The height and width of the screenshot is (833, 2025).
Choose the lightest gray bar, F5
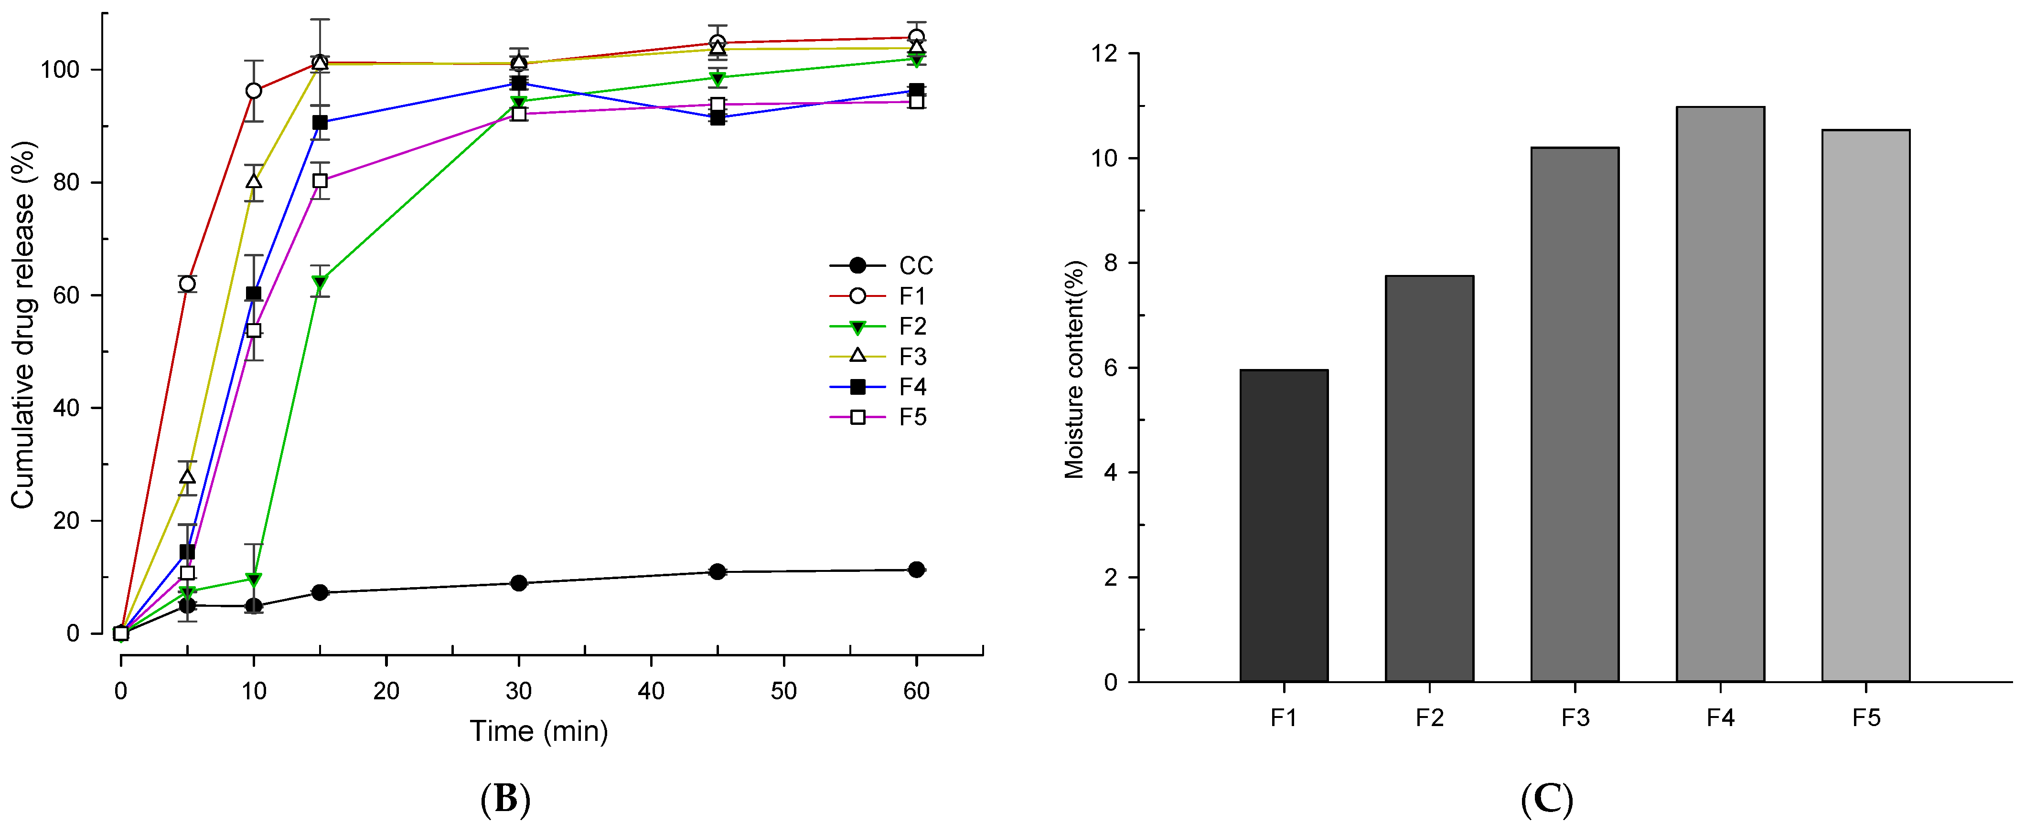pos(1865,405)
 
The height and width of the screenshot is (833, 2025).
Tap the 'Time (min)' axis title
pos(539,732)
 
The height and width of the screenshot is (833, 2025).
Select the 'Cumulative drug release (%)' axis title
pos(23,325)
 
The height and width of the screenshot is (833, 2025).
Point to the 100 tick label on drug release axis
pos(60,70)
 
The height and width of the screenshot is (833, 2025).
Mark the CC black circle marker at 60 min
pos(916,570)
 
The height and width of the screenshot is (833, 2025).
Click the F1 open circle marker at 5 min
pos(187,284)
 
